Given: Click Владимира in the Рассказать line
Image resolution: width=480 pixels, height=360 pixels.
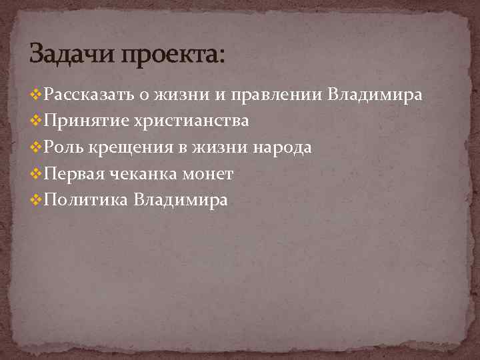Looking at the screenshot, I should [x=375, y=95].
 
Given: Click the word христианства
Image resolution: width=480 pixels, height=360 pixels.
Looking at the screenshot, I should [x=191, y=121].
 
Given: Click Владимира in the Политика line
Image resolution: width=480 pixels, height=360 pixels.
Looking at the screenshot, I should [x=181, y=200].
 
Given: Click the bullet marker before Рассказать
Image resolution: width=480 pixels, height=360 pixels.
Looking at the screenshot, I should [x=36, y=95].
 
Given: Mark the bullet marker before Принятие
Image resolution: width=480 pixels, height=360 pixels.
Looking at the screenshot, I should [x=36, y=121].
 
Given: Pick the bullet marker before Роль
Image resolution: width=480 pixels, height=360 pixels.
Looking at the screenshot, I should [x=36, y=148].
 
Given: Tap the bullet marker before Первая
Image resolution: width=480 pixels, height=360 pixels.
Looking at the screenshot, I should [x=36, y=174].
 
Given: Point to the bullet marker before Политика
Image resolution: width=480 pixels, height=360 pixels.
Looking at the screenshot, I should [x=36, y=200].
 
